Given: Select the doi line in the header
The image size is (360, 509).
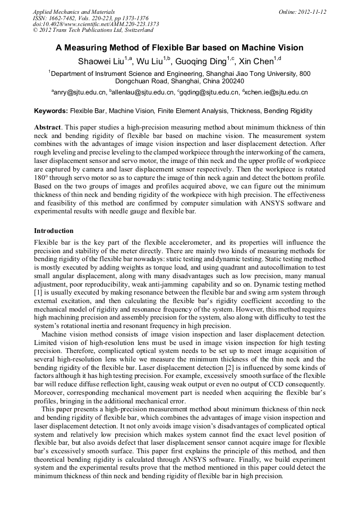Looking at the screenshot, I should (96, 24).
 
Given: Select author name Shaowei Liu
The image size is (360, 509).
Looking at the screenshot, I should (100, 61).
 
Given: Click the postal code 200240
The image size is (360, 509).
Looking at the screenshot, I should (232, 82).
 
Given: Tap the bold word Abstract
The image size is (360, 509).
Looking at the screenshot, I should (48, 128).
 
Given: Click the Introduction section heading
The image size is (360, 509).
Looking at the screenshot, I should (54, 231).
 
